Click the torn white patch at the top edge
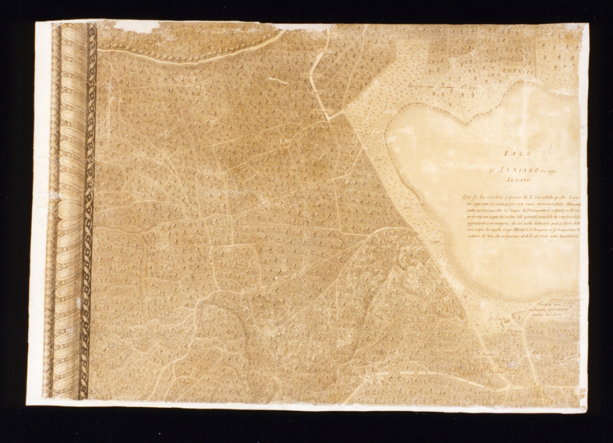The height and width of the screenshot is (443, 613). click(136, 26)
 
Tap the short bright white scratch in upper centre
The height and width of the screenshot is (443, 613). click(278, 80)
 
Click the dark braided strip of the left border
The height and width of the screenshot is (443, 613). click(89, 210)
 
